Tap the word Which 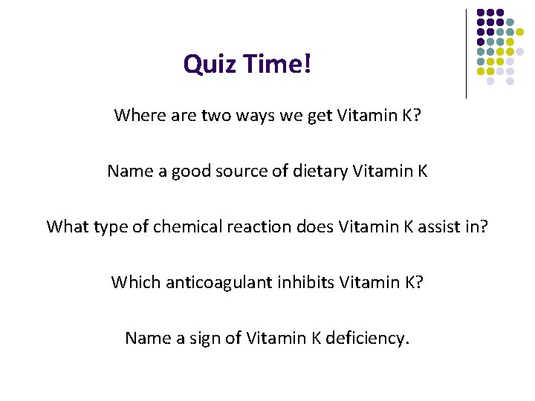coord(133,282)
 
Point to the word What coord(67,226)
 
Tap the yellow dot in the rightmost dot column coord(521,32)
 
